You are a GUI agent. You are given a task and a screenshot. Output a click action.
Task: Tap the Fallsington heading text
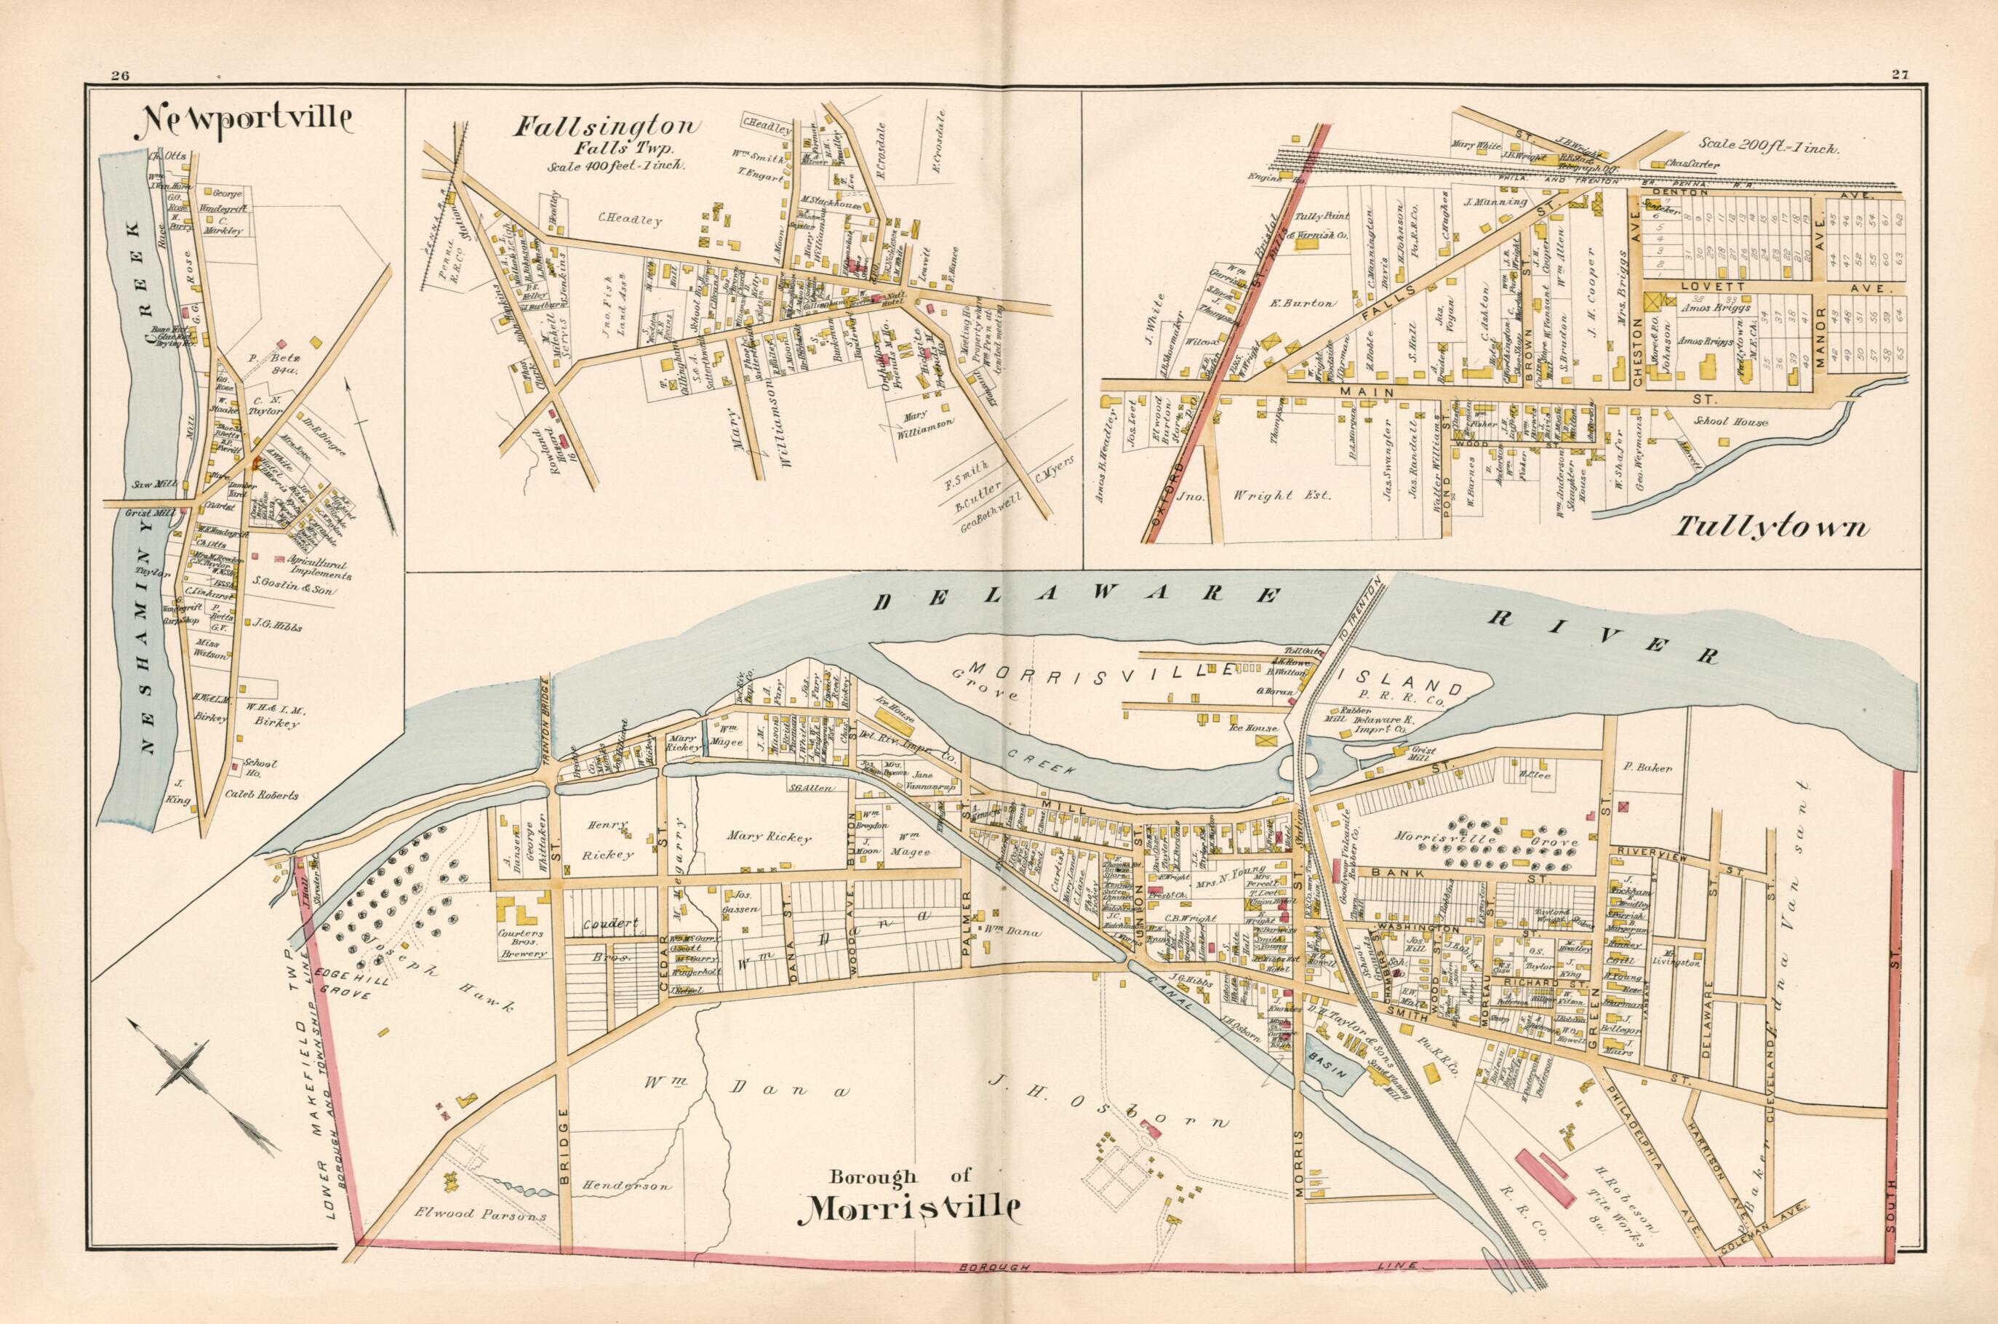(x=607, y=127)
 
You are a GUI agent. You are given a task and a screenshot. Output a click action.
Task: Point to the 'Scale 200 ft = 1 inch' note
(x=1770, y=145)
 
